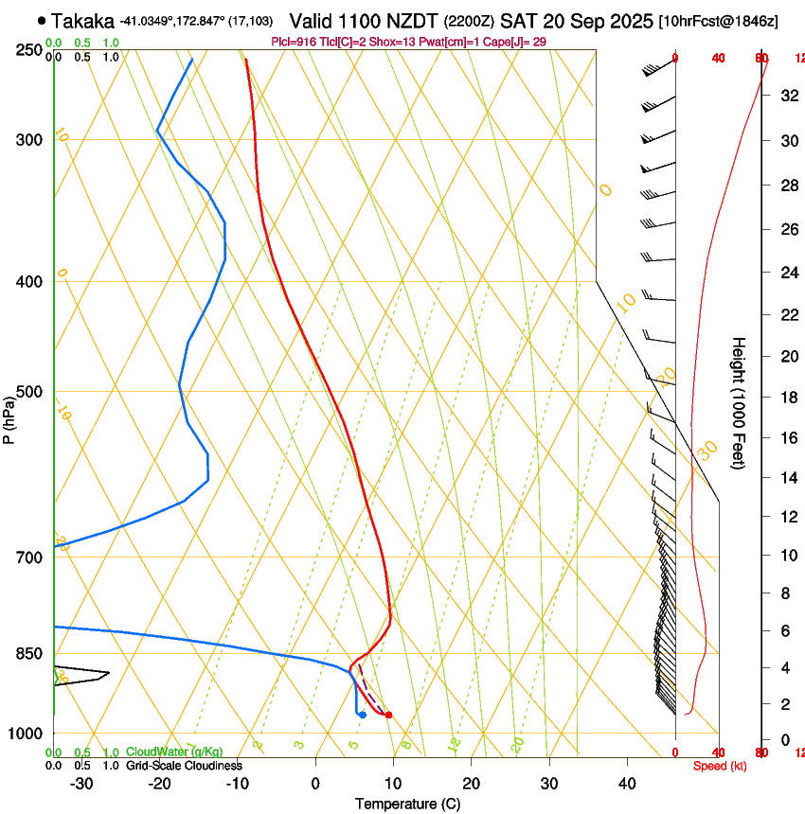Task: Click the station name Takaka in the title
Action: pyautogui.click(x=83, y=21)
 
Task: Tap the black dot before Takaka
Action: pyautogui.click(x=42, y=20)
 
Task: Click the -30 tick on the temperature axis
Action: pyautogui.click(x=81, y=784)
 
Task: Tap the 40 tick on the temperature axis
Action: pyautogui.click(x=626, y=784)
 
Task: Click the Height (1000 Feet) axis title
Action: pyautogui.click(x=740, y=402)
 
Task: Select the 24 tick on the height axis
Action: pyautogui.click(x=787, y=274)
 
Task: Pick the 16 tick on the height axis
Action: pyautogui.click(x=787, y=438)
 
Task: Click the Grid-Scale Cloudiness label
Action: pyautogui.click(x=184, y=766)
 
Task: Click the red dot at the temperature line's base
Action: pyautogui.click(x=388, y=715)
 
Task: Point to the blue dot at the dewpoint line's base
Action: pyautogui.click(x=363, y=715)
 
